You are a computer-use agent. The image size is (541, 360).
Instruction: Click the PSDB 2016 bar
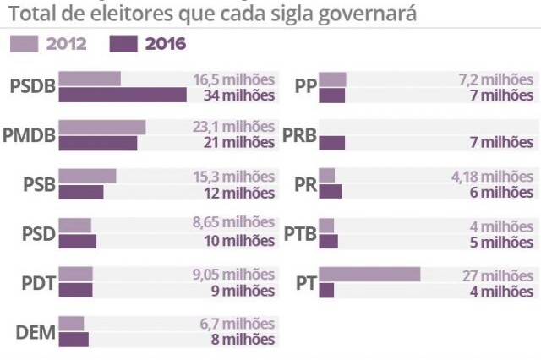tap(123, 95)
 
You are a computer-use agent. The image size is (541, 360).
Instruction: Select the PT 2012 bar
tap(369, 275)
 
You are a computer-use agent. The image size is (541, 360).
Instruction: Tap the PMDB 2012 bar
tap(102, 128)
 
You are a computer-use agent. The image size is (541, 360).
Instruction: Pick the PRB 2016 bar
tap(332, 143)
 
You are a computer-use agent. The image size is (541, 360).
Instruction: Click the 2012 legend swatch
tap(25, 44)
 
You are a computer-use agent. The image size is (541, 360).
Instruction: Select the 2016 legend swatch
tap(123, 44)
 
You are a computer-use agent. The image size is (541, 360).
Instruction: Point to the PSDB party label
tap(32, 86)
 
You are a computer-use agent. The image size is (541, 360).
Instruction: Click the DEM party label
tap(36, 332)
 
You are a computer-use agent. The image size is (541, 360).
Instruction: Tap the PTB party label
tap(299, 234)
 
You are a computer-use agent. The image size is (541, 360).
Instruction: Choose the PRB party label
tap(299, 135)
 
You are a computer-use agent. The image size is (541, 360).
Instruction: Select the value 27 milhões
tap(497, 275)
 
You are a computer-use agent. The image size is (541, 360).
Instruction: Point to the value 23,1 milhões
tap(233, 127)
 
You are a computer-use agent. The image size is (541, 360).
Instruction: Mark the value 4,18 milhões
tap(493, 177)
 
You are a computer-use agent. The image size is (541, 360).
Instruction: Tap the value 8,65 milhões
tap(233, 225)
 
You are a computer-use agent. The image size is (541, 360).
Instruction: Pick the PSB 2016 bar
tap(81, 193)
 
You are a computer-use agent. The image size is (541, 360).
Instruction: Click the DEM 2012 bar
tap(72, 324)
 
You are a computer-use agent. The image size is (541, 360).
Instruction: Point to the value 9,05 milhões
tap(233, 275)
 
